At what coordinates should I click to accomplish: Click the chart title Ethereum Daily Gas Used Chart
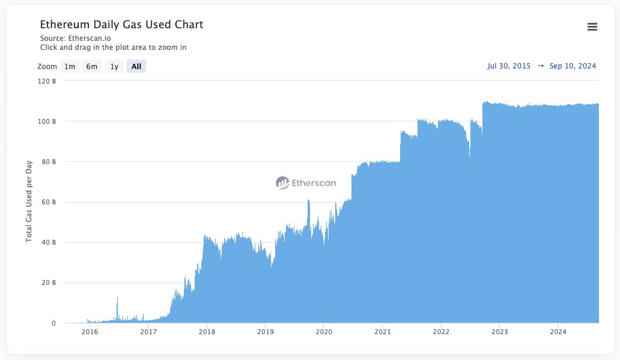tap(121, 25)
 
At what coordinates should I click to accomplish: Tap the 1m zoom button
tap(70, 66)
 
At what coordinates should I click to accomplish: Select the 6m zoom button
tap(91, 66)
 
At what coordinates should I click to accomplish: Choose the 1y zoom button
tap(114, 66)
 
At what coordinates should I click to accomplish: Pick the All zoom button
tap(136, 66)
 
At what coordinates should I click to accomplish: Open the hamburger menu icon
tap(592, 26)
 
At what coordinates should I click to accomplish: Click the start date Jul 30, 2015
tap(509, 66)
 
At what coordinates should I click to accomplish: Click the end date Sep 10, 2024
tap(573, 66)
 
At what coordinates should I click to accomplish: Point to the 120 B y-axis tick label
tap(47, 81)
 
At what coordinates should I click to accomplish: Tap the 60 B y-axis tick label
tap(49, 202)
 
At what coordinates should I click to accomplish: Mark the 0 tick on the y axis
tap(53, 323)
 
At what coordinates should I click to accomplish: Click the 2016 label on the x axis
tap(90, 332)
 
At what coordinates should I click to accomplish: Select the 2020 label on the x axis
tap(324, 332)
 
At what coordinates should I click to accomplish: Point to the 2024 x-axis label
tap(558, 332)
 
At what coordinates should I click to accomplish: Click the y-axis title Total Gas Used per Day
tap(29, 202)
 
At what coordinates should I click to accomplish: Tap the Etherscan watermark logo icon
tap(282, 183)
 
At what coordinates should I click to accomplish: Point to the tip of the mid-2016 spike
tap(117, 297)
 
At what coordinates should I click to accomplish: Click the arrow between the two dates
tap(540, 66)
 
